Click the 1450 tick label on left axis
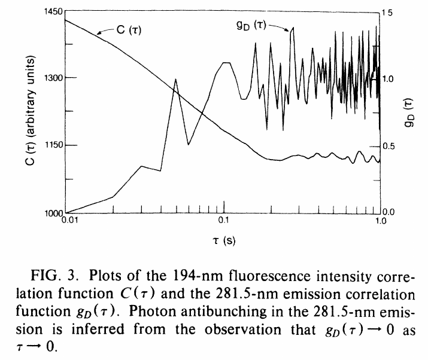pos(53,12)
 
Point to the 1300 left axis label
pos(53,78)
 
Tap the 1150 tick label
pos(54,145)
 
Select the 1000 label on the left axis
pos(54,213)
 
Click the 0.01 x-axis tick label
pos(70,220)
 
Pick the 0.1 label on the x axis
pos(223,220)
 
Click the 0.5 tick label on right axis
pos(388,147)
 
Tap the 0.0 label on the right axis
pos(388,212)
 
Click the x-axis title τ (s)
pos(224,241)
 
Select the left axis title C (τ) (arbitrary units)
pos(31,111)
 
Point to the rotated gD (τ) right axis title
pos(409,112)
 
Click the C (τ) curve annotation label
pos(129,30)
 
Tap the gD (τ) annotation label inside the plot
pos(251,26)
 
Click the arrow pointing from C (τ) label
pos(106,30)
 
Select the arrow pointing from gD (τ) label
pos(279,27)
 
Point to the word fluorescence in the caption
pos(270,276)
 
